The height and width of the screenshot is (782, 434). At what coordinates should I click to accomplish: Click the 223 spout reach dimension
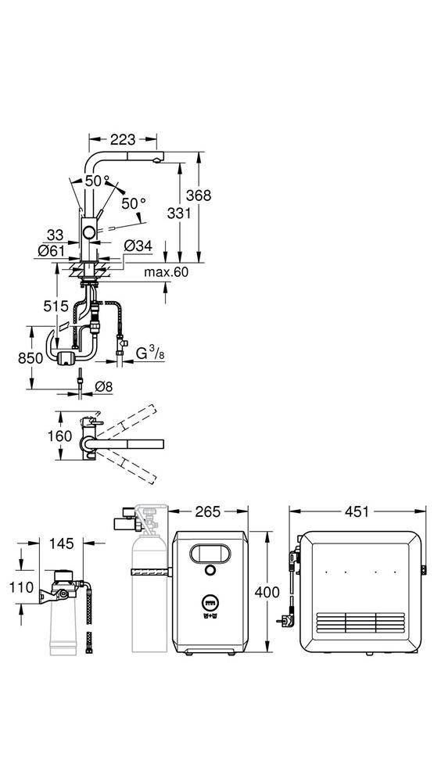124,140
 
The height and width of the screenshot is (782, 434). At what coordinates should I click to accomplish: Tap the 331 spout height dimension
179,213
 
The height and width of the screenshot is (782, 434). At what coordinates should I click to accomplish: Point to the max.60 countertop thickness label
166,272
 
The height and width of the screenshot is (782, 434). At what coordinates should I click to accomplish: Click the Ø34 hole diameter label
137,246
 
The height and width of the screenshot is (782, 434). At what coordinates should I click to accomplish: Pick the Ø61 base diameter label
52,251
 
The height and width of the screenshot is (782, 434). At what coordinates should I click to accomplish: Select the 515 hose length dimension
56,307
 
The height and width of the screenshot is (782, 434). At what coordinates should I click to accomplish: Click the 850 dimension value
31,357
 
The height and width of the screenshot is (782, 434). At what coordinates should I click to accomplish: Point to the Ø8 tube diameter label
104,386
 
